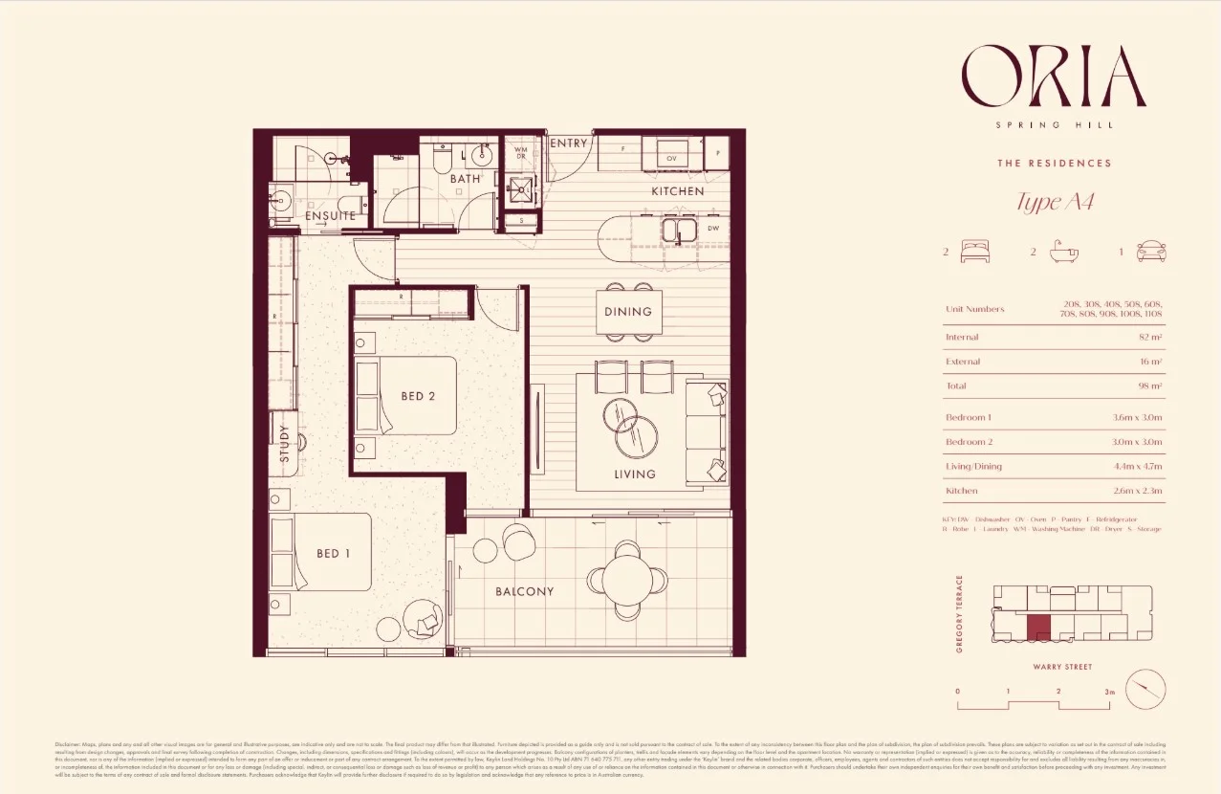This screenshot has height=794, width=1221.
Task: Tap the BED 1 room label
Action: pyautogui.click(x=334, y=553)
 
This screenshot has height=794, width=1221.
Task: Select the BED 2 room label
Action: pyautogui.click(x=418, y=396)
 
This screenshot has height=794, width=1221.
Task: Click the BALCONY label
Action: pyautogui.click(x=524, y=591)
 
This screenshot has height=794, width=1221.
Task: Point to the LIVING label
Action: pyautogui.click(x=635, y=474)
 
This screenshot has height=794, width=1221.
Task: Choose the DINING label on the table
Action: pyautogui.click(x=628, y=311)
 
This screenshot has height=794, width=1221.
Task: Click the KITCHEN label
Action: pyautogui.click(x=677, y=191)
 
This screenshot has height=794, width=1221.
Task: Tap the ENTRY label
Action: pyautogui.click(x=569, y=143)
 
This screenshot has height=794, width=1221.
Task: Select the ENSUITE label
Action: pyautogui.click(x=330, y=216)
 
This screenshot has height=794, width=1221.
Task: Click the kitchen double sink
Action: pyautogui.click(x=680, y=230)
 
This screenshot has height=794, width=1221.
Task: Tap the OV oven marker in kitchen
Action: pyautogui.click(x=671, y=158)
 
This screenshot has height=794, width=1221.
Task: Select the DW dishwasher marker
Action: pyautogui.click(x=712, y=230)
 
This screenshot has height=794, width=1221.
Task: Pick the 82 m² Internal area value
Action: pyautogui.click(x=1150, y=337)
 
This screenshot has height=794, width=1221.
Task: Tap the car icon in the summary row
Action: pyautogui.click(x=1151, y=252)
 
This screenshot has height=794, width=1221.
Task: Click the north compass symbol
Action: pyautogui.click(x=1145, y=689)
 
